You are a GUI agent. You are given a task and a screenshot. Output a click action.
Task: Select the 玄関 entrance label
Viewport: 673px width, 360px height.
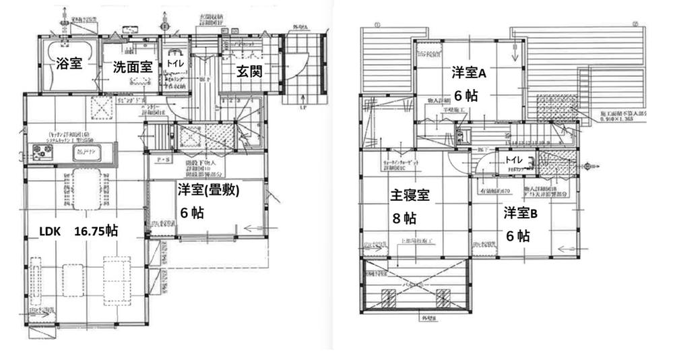coord(248,70)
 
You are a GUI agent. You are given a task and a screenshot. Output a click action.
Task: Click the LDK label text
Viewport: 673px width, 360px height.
coord(51,231)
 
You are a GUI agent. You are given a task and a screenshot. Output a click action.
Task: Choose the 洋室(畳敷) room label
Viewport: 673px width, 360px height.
coord(209,191)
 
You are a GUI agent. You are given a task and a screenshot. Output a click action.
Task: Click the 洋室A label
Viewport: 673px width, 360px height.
coord(466,73)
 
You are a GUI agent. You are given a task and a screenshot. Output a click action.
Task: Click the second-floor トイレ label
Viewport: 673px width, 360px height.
coord(515,160)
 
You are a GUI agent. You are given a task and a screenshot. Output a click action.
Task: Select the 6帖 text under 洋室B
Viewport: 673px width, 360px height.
coord(518,236)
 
